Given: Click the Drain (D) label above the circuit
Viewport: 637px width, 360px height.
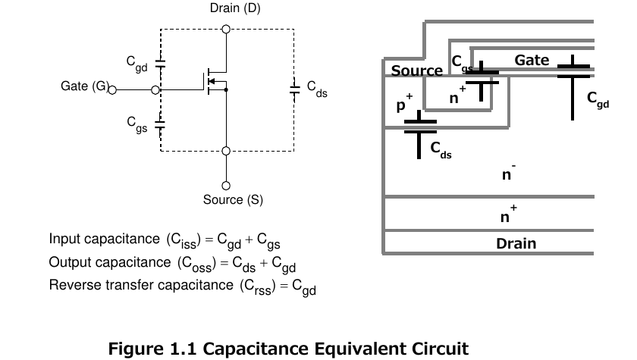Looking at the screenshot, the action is (x=235, y=8).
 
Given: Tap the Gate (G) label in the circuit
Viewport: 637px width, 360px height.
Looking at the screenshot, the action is (x=85, y=86).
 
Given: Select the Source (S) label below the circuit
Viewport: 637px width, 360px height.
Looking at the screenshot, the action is (x=233, y=199).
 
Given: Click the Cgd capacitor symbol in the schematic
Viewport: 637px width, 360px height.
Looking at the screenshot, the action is (x=161, y=64).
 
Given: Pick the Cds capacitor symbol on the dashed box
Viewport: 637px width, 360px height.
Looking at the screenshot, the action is (x=294, y=89).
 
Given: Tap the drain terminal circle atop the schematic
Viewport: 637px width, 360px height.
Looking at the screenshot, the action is (x=226, y=30).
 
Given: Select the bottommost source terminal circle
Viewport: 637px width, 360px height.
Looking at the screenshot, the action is (x=226, y=186).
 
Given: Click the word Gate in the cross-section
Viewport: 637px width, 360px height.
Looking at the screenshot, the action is (x=532, y=60).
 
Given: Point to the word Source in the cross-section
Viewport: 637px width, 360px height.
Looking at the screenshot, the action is (x=416, y=70).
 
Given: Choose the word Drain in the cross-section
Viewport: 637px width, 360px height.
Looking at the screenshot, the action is (x=516, y=243).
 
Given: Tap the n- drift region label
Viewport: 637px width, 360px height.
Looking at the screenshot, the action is (x=509, y=172).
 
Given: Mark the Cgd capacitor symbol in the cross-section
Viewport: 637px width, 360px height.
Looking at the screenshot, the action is (x=573, y=87).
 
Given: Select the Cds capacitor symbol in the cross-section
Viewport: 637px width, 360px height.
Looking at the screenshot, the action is (x=420, y=134).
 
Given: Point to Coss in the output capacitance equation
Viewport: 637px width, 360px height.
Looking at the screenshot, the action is (x=196, y=264).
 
